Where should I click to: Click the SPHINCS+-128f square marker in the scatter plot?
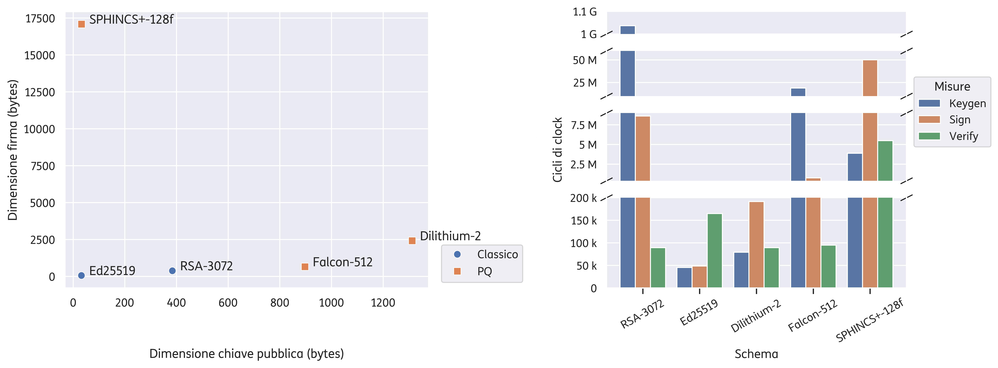81,24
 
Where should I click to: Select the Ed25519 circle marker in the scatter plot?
81,276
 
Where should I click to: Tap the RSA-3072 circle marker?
172,270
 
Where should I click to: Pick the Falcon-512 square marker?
305,267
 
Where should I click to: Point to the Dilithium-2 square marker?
412,241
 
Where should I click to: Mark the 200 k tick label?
584,198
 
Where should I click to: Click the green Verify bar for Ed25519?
715,251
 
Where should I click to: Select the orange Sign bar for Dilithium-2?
756,245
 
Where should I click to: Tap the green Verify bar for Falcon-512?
828,267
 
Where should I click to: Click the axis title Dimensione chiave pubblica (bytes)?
247,354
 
